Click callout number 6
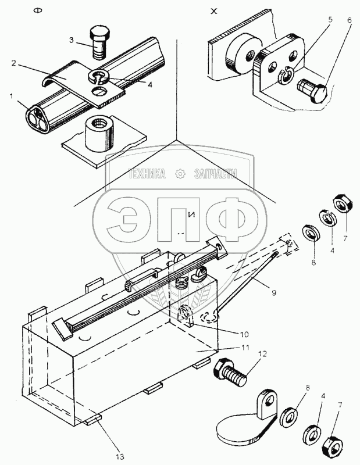point(350,19)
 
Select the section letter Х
point(213,12)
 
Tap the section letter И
point(190,214)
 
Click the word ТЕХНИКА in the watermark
point(147,173)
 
